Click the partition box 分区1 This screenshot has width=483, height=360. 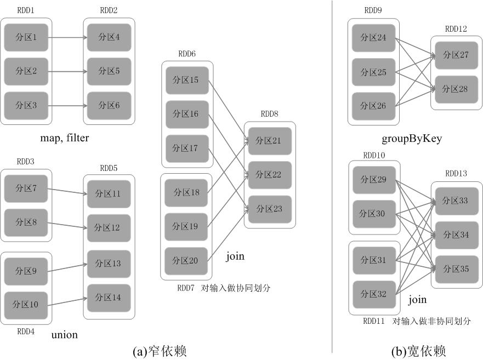point(26,37)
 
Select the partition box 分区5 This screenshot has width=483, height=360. point(109,71)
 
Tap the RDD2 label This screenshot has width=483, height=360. point(109,10)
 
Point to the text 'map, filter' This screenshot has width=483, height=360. point(64,138)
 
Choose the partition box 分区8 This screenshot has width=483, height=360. point(26,222)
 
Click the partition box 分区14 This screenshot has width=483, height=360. point(109,298)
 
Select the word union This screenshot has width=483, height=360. point(64,334)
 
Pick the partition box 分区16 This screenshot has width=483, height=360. point(187,114)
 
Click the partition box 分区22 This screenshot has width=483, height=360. point(269,175)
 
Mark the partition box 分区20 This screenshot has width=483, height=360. point(186,260)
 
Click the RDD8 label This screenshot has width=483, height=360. point(269,114)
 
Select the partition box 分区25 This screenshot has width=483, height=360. point(373,72)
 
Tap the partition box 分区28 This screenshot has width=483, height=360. point(456,89)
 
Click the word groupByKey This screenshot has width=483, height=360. point(412,139)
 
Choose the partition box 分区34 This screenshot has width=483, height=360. point(456,235)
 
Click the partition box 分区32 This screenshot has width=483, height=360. point(373,294)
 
